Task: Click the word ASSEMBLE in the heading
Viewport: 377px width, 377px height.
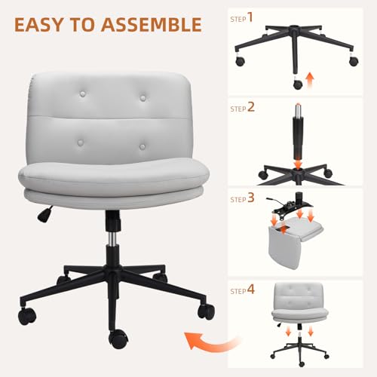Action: click(x=152, y=25)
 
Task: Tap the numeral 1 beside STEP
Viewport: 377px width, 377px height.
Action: click(x=250, y=17)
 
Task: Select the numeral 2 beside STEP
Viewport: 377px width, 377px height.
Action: click(x=251, y=107)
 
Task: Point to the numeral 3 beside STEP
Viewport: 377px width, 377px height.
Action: click(x=251, y=198)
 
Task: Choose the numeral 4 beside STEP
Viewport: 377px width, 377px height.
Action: click(x=251, y=290)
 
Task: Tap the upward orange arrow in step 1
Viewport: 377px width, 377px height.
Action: click(x=310, y=79)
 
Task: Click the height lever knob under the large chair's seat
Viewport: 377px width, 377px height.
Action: click(x=43, y=215)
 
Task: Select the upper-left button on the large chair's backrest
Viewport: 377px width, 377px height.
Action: click(x=82, y=94)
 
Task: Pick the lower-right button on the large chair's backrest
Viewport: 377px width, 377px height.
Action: click(x=143, y=146)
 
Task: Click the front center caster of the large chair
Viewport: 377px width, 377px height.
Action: click(x=118, y=339)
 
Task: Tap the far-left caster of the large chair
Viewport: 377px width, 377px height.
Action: click(x=27, y=315)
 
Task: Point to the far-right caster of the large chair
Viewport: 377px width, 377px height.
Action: click(x=206, y=311)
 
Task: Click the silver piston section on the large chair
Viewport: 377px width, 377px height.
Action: click(x=112, y=238)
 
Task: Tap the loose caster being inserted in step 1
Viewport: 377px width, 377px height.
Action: click(x=298, y=84)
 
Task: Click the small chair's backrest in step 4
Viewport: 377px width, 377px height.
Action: click(x=299, y=296)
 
